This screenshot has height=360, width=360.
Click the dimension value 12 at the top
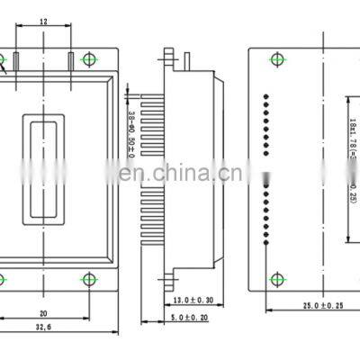click(x=43, y=20)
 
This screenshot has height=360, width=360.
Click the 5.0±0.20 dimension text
click(x=188, y=318)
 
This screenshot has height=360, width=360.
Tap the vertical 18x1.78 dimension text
click(x=353, y=153)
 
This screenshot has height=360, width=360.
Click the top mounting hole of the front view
click(x=87, y=59)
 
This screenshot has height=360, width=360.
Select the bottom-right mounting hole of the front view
click(x=87, y=279)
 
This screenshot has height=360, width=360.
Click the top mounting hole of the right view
click(x=275, y=59)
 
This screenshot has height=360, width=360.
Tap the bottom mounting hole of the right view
click(x=275, y=279)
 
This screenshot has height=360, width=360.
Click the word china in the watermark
click(x=181, y=171)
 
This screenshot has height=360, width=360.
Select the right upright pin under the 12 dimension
click(x=70, y=61)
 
